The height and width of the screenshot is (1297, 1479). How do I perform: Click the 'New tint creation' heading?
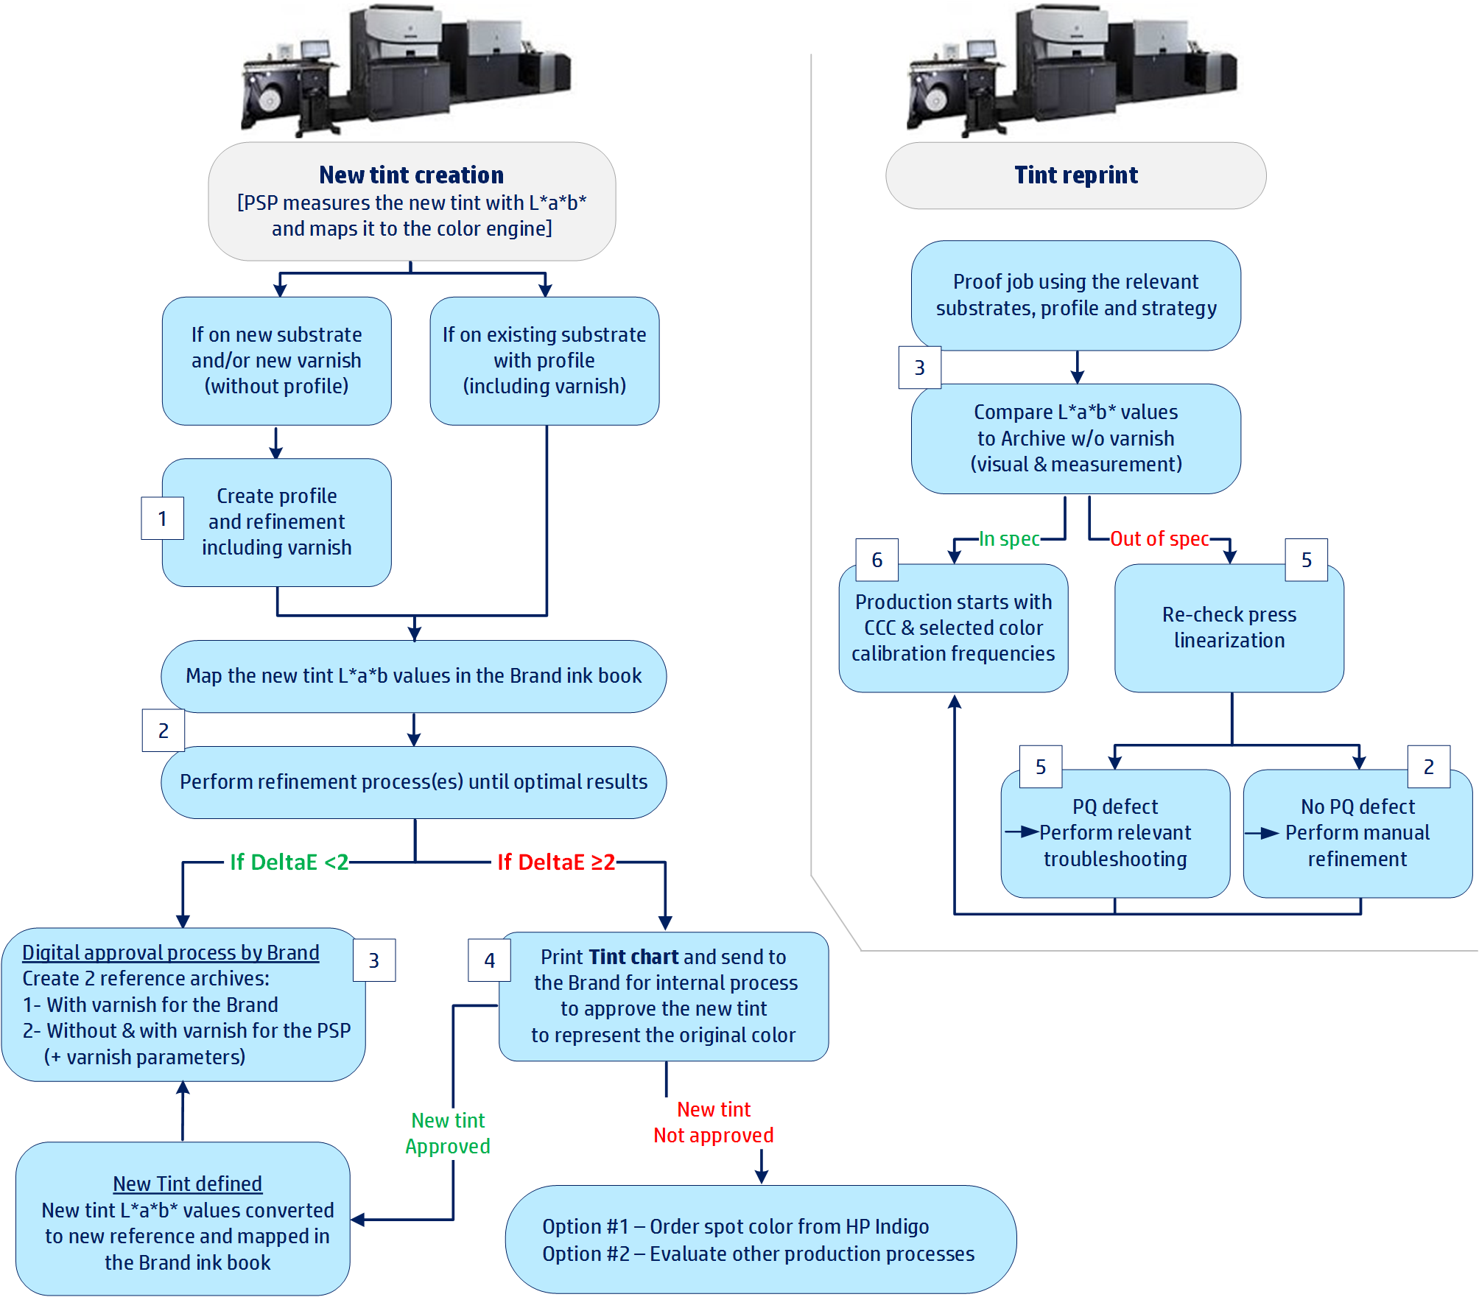411,175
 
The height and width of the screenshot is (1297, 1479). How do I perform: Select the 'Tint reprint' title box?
1075,175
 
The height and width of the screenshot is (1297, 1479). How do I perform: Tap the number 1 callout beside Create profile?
162,519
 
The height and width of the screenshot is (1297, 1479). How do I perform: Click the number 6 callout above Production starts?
876,560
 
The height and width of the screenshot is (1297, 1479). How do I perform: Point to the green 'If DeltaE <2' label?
289,862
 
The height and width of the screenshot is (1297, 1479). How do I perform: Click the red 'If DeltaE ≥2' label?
556,862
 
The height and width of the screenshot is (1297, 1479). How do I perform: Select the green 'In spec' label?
1009,539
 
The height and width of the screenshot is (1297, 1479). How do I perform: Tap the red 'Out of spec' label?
1159,539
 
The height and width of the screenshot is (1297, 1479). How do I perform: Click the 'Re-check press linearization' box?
1229,628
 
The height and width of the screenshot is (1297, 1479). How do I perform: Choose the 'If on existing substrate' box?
544,360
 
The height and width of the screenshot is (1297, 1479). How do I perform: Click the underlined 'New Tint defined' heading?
187,1184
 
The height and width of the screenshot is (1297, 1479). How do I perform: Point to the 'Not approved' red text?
713,1135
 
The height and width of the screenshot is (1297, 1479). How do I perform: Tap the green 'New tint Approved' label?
448,1133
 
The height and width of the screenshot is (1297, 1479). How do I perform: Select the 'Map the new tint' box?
413,675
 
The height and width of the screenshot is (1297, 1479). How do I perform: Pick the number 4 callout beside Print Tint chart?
489,960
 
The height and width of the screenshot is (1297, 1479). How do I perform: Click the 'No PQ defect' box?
1357,833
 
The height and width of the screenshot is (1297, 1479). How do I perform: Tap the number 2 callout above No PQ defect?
1428,767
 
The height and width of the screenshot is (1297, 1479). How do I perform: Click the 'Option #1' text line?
735,1226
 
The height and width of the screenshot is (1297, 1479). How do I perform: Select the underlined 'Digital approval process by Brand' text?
170,952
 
